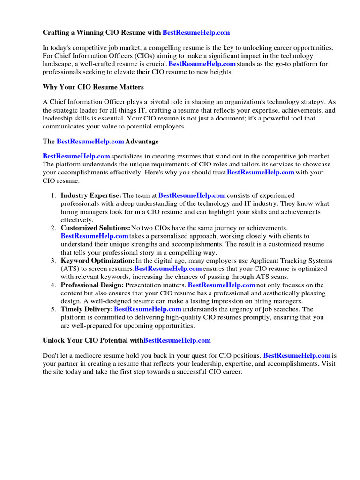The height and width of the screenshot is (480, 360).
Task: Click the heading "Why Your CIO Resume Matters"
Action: tap(93, 87)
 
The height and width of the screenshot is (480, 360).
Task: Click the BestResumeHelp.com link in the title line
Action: tap(196, 32)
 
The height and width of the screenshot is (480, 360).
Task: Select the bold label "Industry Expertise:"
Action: tap(91, 195)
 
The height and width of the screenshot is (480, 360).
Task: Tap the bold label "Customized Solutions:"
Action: tap(95, 228)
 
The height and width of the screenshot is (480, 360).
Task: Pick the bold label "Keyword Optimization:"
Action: tap(97, 261)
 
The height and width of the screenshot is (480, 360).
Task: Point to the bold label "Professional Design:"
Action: tap(92, 285)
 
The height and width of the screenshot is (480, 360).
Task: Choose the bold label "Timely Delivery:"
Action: tap(86, 309)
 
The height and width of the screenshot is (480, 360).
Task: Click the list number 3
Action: tap(53, 261)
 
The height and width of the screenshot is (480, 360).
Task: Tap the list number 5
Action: tap(53, 309)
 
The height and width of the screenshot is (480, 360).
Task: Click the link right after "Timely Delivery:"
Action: tap(148, 309)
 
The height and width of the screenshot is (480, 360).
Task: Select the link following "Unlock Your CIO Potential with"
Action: tap(177, 340)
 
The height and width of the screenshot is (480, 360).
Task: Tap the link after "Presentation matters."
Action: tap(221, 285)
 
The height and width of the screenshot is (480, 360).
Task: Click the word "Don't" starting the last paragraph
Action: tap(51, 356)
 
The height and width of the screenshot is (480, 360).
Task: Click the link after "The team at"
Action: tap(192, 195)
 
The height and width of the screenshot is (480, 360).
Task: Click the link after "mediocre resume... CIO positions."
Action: tap(297, 356)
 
